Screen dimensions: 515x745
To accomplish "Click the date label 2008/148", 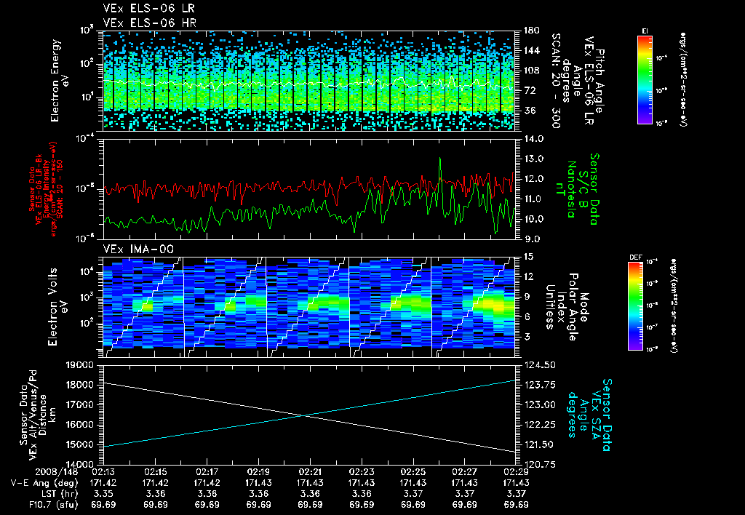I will click(32, 472).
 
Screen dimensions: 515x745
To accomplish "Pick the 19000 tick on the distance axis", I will click(82, 364).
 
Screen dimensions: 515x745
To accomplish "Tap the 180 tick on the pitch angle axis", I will click(530, 31).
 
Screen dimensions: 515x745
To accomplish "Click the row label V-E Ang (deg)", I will click(41, 483).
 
